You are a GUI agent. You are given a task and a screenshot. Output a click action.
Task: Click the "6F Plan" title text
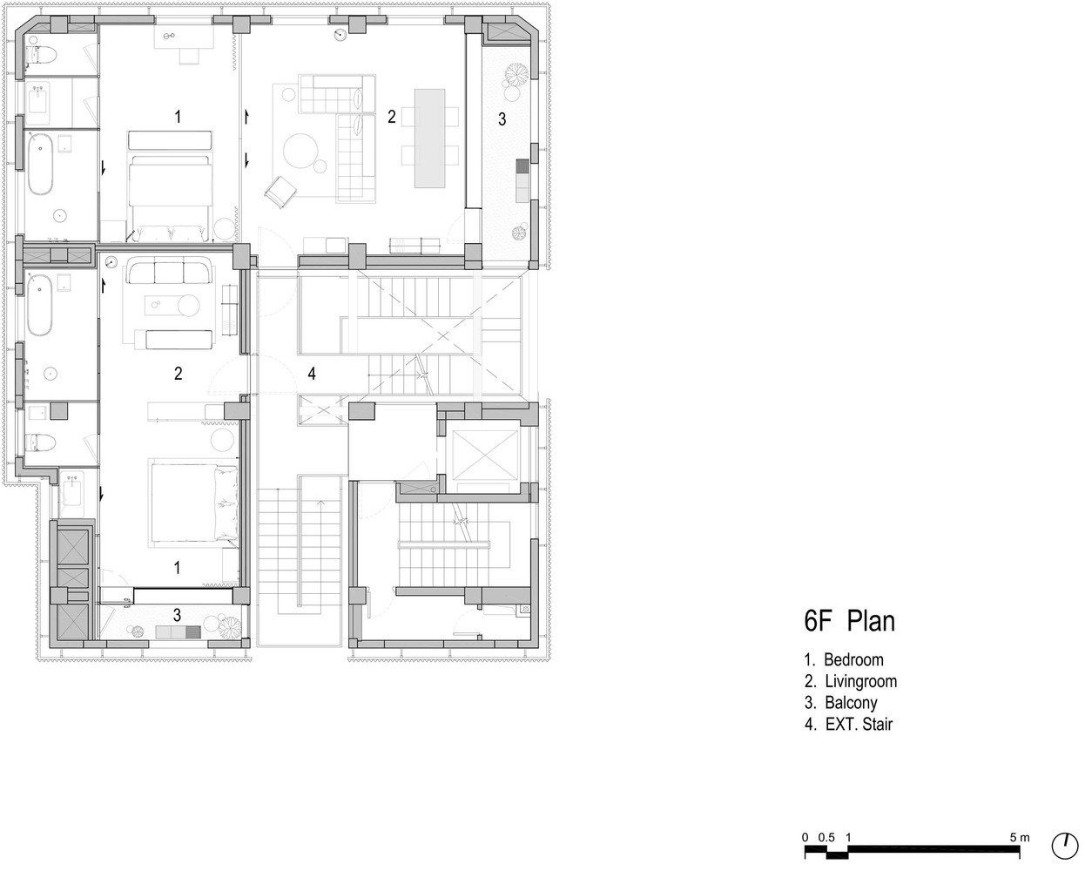pos(849,620)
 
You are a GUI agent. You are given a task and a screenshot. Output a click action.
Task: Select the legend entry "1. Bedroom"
pos(844,659)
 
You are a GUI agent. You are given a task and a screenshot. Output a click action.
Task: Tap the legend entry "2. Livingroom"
pos(851,681)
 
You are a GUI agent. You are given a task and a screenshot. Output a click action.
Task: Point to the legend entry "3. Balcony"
pos(841,703)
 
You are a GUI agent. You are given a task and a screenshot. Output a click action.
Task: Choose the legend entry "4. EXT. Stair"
pos(848,724)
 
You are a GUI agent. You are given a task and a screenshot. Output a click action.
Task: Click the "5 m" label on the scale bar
pos(1020,837)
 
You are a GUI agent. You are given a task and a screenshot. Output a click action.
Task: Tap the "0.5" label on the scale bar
pos(826,837)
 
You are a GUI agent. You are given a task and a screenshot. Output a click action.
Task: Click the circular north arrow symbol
pos(1065,846)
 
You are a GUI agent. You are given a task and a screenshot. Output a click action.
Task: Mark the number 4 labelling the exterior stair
pos(312,374)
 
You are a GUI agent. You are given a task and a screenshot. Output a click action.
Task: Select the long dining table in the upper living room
pos(430,138)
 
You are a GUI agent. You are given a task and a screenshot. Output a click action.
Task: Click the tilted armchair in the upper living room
pos(280,192)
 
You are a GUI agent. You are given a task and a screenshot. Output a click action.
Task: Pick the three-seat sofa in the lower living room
pos(169,271)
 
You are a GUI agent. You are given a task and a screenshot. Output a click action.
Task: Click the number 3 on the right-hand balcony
pos(502,119)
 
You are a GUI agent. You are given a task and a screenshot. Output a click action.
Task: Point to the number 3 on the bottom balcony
pos(177,615)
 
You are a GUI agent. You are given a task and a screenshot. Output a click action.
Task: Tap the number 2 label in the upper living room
pos(392,117)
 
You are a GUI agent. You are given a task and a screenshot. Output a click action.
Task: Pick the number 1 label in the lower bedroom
pos(177,568)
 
